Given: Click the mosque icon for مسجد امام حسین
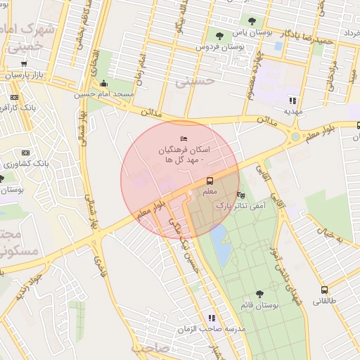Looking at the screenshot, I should (104, 84).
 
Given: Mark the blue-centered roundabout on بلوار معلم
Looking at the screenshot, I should (295, 136).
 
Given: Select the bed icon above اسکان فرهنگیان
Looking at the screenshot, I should (184, 139).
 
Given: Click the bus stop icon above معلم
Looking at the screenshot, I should (208, 181).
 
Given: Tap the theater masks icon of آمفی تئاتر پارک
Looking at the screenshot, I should (242, 195).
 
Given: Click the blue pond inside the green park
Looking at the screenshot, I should (220, 244).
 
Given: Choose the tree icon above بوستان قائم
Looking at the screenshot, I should (259, 294).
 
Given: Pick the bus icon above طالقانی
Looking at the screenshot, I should (324, 289).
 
